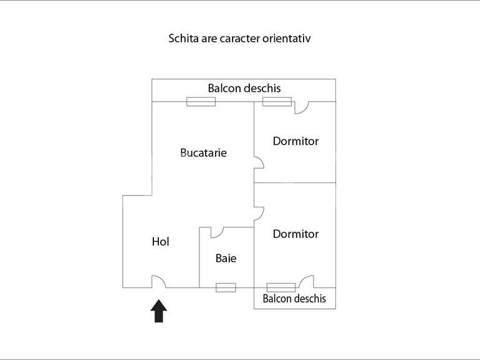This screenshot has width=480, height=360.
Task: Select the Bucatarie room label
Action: coord(204,153)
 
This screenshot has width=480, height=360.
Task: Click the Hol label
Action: coord(160,242)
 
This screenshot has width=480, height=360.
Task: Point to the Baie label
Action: coord(226,258)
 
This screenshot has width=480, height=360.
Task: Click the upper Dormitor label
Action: coord(295,141)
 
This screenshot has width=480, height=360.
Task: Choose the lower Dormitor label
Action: coord(295,234)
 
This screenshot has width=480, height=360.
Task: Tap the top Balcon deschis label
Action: coord(244,88)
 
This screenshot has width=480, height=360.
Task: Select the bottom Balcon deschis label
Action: coord(294,298)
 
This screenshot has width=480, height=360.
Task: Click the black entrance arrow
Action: coord(158,311)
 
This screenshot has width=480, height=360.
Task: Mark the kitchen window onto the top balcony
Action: coord(201,102)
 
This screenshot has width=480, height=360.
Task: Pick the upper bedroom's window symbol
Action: coord(277,102)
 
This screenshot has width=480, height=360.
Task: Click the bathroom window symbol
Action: coord(226,288)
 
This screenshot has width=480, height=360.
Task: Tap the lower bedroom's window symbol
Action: coord(281,288)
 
